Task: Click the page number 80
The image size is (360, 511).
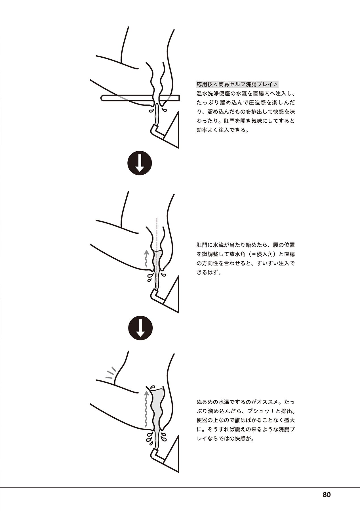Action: [x=327, y=495]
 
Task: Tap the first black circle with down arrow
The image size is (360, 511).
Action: [x=139, y=163]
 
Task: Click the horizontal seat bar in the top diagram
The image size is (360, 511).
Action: [x=140, y=98]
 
